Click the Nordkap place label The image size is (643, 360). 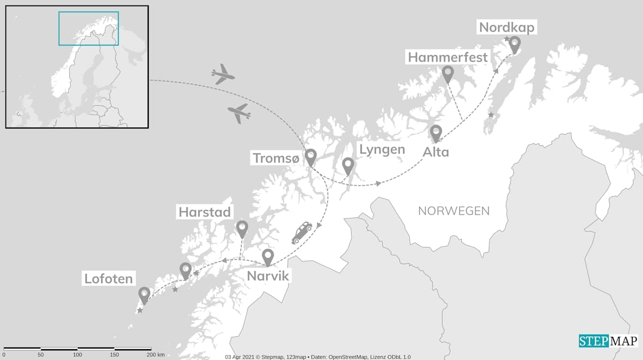507,27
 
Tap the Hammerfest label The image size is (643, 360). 448,57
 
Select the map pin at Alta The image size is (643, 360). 436,133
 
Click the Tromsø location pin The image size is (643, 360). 311,157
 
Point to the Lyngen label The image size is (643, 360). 382,150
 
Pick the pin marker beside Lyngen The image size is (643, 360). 348,166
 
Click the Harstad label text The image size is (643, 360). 205,212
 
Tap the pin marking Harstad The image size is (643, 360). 242,228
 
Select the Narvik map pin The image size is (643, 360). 268,257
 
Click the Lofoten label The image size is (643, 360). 109,279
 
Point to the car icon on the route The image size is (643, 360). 302,232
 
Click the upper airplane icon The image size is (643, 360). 223,74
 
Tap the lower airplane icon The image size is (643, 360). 239,113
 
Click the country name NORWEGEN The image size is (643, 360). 454,211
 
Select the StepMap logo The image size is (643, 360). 608,341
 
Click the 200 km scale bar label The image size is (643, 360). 156,355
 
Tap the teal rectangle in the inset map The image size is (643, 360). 88,28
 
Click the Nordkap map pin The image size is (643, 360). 514,44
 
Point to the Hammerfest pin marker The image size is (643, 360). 448,74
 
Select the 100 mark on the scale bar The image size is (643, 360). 77,355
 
